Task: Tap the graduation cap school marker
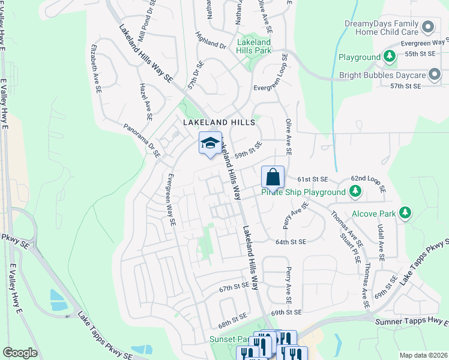click(x=210, y=143)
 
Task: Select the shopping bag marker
click(x=273, y=178)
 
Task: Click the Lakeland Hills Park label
click(x=254, y=47)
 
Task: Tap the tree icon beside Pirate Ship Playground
click(x=355, y=192)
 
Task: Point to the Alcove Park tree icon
click(x=406, y=213)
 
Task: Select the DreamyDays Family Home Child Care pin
click(x=428, y=26)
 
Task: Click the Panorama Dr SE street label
click(x=142, y=140)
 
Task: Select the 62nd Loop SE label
click(x=367, y=178)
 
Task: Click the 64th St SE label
click(x=291, y=242)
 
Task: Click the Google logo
click(x=20, y=353)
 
